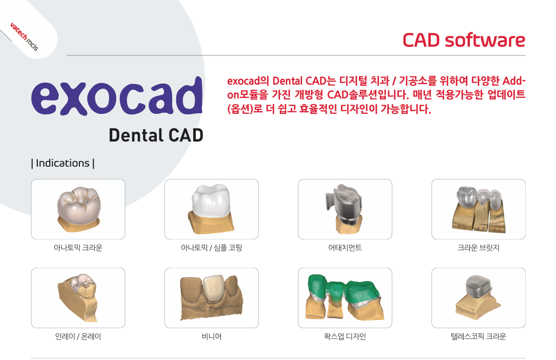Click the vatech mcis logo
pos(24,36)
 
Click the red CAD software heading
pos(464,40)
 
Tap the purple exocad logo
pos(117,96)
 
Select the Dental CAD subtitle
pos(156,135)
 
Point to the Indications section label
pos(63,163)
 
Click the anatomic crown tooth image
pos(79,209)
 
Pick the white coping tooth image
pos(211,209)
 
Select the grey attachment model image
pos(344,209)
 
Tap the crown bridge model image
pos(478,209)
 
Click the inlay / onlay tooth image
pos(78,297)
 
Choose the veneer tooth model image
pos(211,297)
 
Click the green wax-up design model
pos(345,297)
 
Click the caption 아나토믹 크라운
pos(78,248)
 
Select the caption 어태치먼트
pos(345,248)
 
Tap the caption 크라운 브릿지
pos(478,248)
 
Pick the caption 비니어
pos(211,336)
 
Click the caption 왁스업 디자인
pos(345,336)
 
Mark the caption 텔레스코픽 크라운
pos(478,336)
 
